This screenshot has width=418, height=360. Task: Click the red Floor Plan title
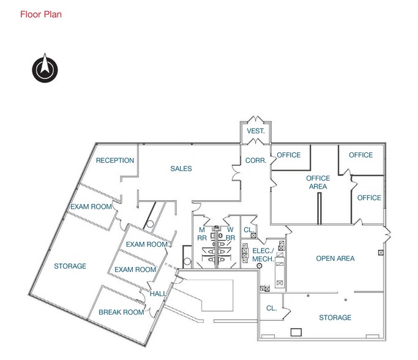pyautogui.click(x=41, y=13)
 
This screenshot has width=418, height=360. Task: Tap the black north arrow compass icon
pyautogui.click(x=45, y=69)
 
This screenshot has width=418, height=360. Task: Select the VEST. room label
pyautogui.click(x=256, y=131)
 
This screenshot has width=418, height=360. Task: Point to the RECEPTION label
pyautogui.click(x=115, y=160)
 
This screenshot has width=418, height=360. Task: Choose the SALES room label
pyautogui.click(x=181, y=169)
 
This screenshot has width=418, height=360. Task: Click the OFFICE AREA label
pyautogui.click(x=318, y=182)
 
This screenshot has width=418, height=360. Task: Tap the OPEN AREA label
pyautogui.click(x=335, y=258)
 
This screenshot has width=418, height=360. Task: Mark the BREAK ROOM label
pyautogui.click(x=121, y=312)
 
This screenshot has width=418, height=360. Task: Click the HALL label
pyautogui.click(x=158, y=294)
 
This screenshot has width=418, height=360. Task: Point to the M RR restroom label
pyautogui.click(x=201, y=234)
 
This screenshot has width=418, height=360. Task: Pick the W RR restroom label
pyautogui.click(x=231, y=234)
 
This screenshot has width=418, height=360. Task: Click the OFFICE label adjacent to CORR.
pyautogui.click(x=289, y=155)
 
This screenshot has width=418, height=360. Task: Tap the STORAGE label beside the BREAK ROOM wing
pyautogui.click(x=70, y=266)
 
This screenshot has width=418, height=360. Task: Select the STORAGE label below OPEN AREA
pyautogui.click(x=335, y=318)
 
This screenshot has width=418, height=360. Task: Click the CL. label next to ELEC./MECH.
pyautogui.click(x=248, y=230)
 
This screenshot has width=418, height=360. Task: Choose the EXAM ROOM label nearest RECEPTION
pyautogui.click(x=91, y=207)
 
